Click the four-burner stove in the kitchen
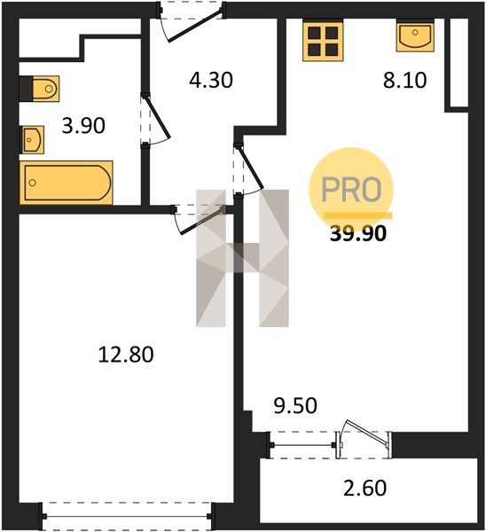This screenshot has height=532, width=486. [323, 41]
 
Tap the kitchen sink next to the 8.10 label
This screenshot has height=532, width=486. [415, 35]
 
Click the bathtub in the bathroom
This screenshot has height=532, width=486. [67, 183]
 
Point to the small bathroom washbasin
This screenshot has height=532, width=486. [32, 139]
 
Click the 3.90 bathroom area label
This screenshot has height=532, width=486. [83, 126]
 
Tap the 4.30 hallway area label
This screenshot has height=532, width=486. [211, 81]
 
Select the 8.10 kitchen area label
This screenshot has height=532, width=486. [405, 81]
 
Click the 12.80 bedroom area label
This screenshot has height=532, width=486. [126, 355]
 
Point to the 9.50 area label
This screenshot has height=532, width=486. [295, 405]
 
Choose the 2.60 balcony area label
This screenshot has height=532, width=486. [364, 489]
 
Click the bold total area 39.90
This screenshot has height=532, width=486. [358, 234]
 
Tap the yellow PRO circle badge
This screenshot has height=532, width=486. [351, 190]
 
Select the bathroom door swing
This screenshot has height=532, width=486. [154, 121]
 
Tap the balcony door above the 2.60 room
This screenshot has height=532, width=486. [364, 438]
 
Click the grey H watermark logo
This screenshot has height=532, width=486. [242, 258]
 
